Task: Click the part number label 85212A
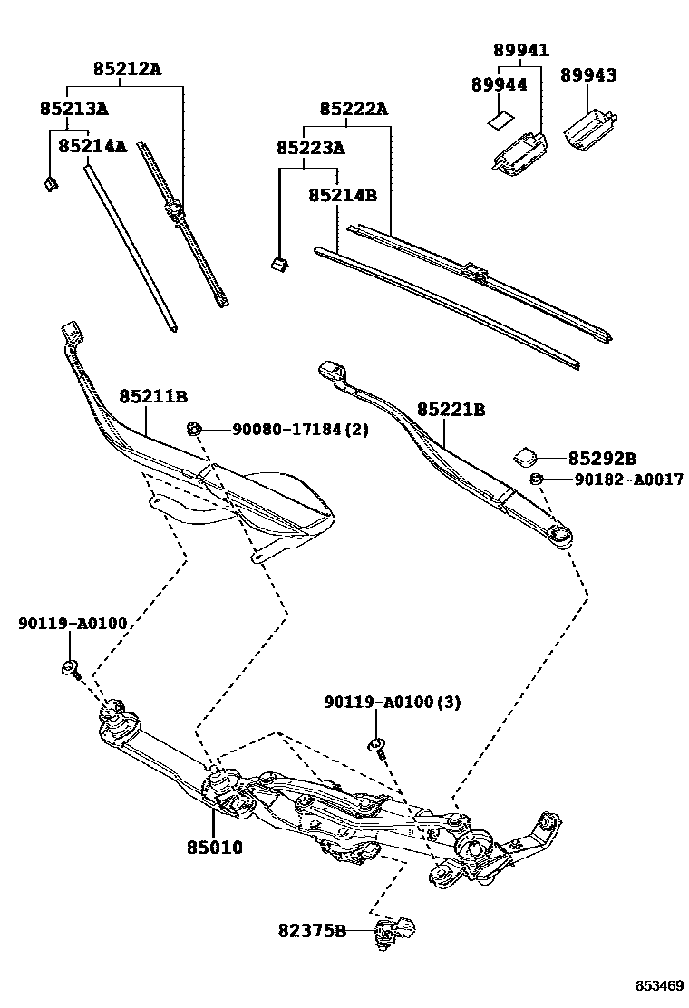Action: click(x=126, y=68)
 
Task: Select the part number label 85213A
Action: click(x=73, y=109)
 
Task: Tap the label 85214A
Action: click(x=92, y=145)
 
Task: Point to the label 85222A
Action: click(x=353, y=109)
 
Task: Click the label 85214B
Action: click(x=342, y=195)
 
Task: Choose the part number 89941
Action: click(x=520, y=50)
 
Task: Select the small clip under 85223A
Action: click(x=280, y=264)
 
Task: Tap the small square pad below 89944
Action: click(x=498, y=117)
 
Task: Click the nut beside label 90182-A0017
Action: click(x=536, y=479)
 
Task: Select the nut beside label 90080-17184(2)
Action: click(x=193, y=428)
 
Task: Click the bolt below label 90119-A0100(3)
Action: click(x=376, y=747)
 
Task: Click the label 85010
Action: click(x=215, y=848)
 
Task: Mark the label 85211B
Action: click(x=152, y=396)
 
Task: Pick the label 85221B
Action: click(x=451, y=410)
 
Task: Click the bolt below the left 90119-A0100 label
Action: click(x=71, y=669)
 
